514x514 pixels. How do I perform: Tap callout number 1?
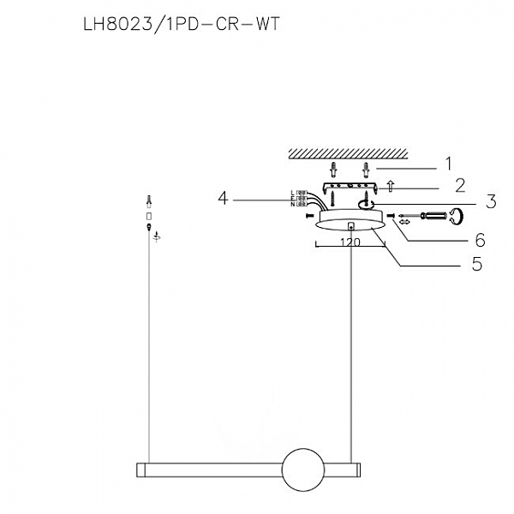(x=446, y=161)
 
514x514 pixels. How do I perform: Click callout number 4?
(x=224, y=199)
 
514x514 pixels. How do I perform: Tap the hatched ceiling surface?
(x=347, y=153)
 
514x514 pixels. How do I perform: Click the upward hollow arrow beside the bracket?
(x=390, y=184)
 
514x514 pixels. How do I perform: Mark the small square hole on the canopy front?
(x=351, y=226)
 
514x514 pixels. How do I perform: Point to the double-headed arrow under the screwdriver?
(x=404, y=223)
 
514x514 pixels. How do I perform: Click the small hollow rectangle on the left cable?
(x=150, y=217)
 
